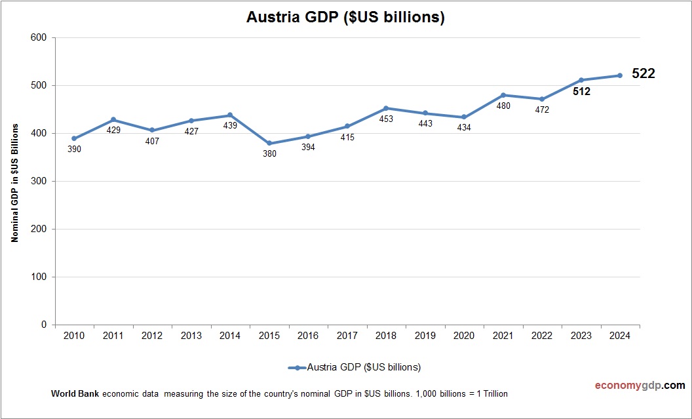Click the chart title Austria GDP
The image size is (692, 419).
point(345,18)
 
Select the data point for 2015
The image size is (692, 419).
point(269,143)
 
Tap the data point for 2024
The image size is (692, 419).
point(620,75)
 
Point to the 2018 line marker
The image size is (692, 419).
point(386,108)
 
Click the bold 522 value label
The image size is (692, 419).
point(644,74)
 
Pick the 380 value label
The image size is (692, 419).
point(269,154)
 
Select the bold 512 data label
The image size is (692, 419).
point(581,92)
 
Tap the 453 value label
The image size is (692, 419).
point(386,119)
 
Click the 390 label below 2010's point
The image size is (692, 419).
point(75,150)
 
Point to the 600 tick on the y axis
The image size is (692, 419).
point(39,37)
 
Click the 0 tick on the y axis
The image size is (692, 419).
point(44,325)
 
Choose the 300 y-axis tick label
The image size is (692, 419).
point(39,181)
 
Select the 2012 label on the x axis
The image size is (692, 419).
point(152,336)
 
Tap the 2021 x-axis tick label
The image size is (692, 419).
point(503,336)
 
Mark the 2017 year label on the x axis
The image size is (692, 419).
point(347,336)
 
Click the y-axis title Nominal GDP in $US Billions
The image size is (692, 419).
point(14,182)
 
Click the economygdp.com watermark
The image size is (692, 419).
point(630,386)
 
